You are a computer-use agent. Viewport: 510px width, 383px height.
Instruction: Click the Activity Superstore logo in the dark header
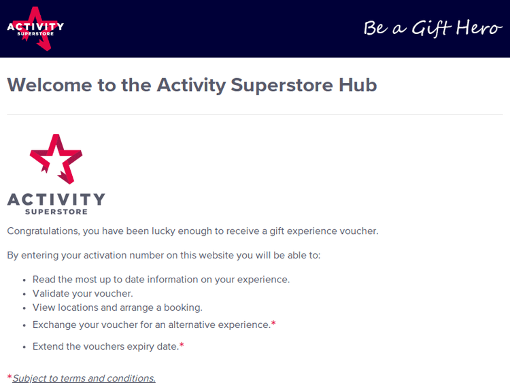35,28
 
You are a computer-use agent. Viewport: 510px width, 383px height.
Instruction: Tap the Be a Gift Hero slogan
432,28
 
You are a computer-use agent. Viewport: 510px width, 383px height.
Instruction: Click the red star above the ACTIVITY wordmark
56,159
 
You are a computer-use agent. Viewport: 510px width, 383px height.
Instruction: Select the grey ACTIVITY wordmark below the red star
56,199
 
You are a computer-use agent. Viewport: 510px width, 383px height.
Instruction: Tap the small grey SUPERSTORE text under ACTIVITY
56,212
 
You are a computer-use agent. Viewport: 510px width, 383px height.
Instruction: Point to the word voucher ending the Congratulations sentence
360,231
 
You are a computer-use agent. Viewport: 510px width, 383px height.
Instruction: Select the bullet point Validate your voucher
82,293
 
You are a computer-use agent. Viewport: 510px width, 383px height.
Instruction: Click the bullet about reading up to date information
160,280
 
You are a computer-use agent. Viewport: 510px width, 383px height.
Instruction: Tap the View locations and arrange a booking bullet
117,307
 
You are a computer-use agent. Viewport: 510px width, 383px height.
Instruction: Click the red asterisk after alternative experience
273,324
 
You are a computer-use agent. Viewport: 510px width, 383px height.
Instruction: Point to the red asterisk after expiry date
182,346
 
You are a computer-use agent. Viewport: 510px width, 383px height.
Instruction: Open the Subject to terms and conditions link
84,378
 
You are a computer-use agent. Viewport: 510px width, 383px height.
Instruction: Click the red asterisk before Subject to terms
10,377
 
